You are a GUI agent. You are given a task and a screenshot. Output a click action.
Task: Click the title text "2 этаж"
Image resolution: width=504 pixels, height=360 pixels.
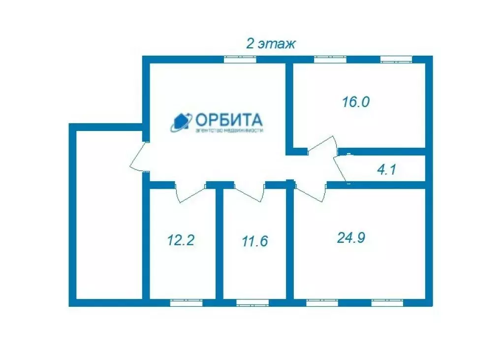click(270, 44)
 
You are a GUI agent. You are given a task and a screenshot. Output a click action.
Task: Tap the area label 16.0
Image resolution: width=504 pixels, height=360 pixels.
click(355, 102)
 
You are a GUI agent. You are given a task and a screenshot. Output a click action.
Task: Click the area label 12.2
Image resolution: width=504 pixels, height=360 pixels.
click(181, 240)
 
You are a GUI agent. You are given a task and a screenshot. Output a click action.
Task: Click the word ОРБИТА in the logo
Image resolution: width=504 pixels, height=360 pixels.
click(229, 120)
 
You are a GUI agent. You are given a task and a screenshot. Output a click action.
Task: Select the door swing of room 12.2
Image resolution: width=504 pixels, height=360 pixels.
click(190, 193)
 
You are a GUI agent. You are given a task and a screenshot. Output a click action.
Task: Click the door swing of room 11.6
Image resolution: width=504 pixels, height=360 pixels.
click(250, 192)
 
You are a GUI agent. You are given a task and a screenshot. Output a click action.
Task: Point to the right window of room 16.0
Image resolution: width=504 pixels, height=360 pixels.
click(396, 60)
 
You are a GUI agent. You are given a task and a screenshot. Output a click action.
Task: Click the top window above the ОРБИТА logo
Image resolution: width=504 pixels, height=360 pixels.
click(240, 60)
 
